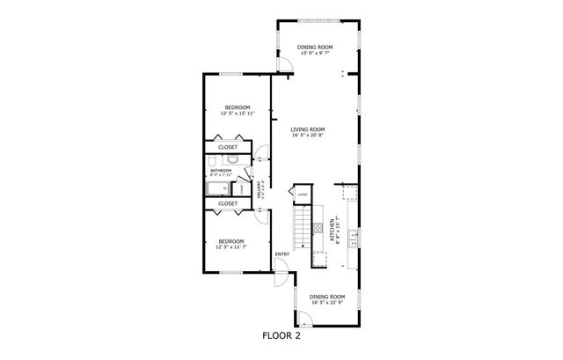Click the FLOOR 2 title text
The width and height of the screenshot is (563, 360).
click(281, 334)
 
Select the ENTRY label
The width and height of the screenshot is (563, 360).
click(281, 255)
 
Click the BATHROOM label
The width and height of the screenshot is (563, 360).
click(221, 170)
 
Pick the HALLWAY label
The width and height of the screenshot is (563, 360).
click(259, 188)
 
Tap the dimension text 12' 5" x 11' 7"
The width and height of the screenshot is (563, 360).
click(230, 246)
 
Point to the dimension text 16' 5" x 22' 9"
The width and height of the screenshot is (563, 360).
click(326, 304)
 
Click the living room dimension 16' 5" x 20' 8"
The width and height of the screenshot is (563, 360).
click(309, 136)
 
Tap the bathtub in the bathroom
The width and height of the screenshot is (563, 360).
click(217, 187)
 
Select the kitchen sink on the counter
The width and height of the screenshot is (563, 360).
click(352, 235)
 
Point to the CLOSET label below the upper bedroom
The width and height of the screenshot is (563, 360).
click(228, 147)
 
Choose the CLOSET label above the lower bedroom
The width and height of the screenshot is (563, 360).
click(228, 203)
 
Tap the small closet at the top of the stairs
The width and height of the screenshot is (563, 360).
click(302, 195)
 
